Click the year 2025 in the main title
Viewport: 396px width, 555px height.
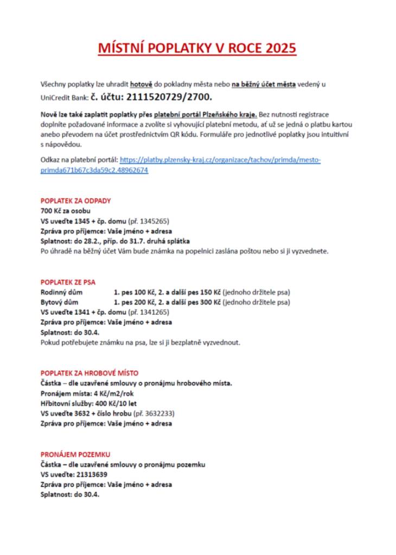click(x=280, y=48)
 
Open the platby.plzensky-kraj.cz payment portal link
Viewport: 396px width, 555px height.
click(x=220, y=160)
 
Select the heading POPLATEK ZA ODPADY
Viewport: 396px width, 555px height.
click(x=75, y=201)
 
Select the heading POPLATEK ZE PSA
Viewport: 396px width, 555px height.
click(x=68, y=282)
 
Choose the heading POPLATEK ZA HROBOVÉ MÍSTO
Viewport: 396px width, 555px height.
click(x=90, y=373)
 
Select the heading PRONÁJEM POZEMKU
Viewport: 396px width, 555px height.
click(x=75, y=454)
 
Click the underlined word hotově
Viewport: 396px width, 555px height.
click(x=141, y=84)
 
